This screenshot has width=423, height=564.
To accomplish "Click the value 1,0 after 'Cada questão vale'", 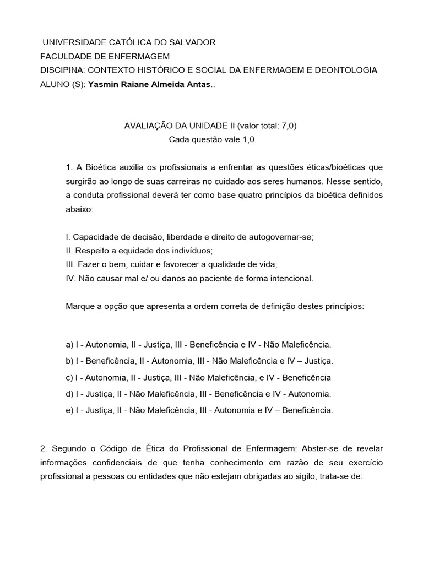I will click(249, 139).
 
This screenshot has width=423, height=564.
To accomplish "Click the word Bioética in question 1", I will click(97, 167).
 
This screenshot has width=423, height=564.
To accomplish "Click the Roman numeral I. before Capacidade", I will click(67, 237).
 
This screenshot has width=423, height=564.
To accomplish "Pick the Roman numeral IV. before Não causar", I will click(71, 279).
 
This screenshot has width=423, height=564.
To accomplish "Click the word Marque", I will click(80, 307).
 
